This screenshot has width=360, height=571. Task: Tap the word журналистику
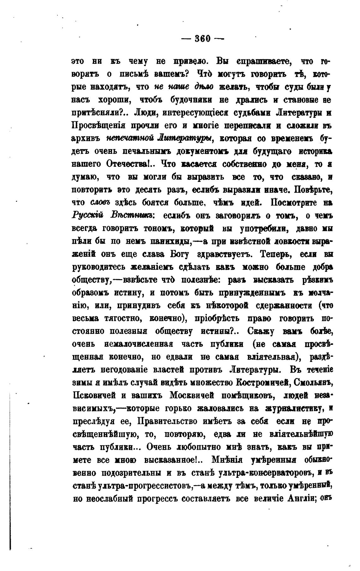[x=294, y=408]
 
